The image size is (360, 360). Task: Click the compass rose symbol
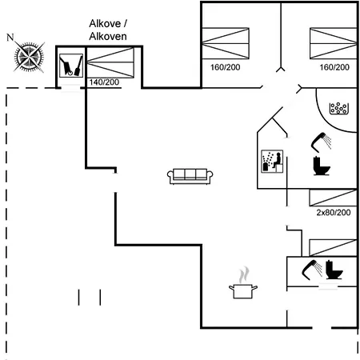pyautogui.click(x=29, y=57)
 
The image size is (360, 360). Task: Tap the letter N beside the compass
pyautogui.click(x=10, y=38)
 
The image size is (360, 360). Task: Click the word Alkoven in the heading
pyautogui.click(x=108, y=37)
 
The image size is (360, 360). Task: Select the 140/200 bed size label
pyautogui.click(x=104, y=82)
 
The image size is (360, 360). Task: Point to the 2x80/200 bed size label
pyautogui.click(x=334, y=213)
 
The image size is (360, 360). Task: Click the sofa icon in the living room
pyautogui.click(x=190, y=176)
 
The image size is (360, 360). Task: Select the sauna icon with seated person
pyautogui.click(x=272, y=162)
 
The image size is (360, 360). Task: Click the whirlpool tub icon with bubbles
pyautogui.click(x=339, y=108)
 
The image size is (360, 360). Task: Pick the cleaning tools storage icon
pyautogui.click(x=71, y=66)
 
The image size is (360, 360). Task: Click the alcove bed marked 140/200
pyautogui.click(x=110, y=62)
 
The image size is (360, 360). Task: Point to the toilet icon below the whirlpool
pyautogui.click(x=322, y=166)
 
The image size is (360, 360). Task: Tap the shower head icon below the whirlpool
pyautogui.click(x=321, y=142)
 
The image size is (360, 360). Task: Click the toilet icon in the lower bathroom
pyautogui.click(x=334, y=270)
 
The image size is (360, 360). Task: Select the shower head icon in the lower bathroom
pyautogui.click(x=312, y=270)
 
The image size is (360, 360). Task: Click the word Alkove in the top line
pyautogui.click(x=105, y=24)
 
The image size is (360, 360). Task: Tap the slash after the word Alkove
pyautogui.click(x=125, y=24)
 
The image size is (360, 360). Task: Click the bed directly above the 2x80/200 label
pyautogui.click(x=333, y=198)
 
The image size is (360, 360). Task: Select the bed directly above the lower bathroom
pyautogui.click(x=333, y=248)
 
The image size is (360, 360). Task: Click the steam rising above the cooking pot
pyautogui.click(x=244, y=274)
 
